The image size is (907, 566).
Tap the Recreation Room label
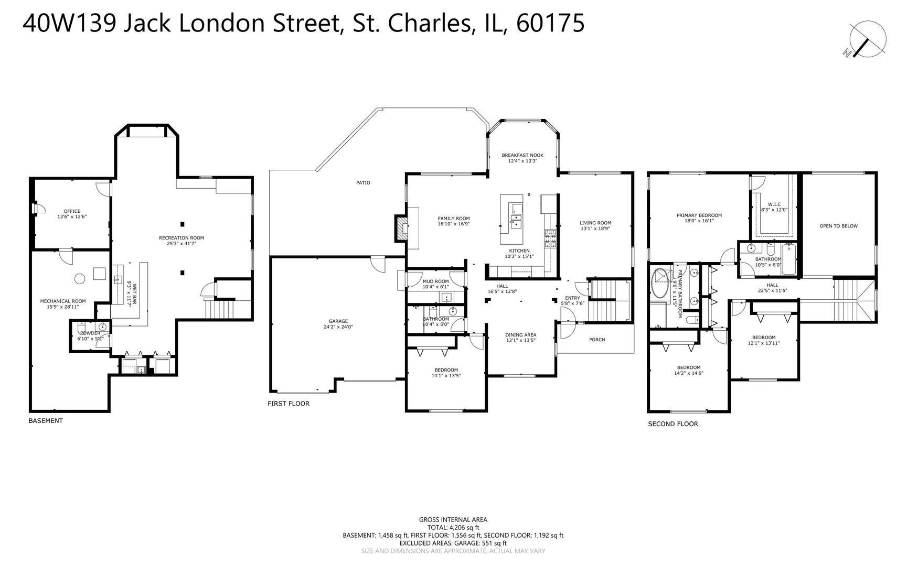182,238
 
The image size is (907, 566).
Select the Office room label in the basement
72,211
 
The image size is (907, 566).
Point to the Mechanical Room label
63,301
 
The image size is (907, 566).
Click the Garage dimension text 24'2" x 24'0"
338,327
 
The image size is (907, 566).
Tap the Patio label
363,183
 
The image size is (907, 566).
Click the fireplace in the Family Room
402,228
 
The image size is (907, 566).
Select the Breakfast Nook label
522,155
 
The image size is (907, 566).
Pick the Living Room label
595,223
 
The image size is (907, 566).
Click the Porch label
597,340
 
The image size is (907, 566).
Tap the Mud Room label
436,281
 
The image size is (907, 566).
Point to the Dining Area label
521,335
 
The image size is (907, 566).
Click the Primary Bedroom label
699,215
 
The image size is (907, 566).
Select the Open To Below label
839,226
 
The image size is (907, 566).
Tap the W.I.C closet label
774,204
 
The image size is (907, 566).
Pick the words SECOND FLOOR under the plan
673,424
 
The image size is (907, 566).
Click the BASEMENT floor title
46,421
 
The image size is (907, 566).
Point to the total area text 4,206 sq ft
464,528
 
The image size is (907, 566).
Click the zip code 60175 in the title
550,24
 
